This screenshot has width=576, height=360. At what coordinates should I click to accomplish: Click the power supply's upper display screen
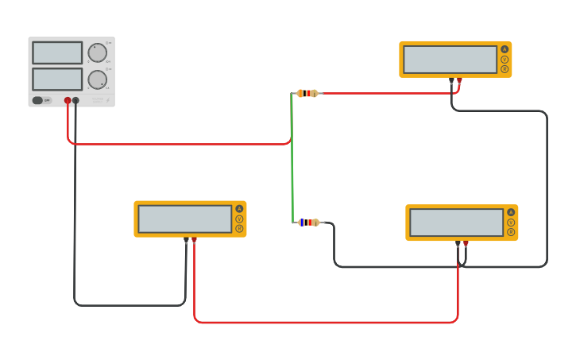(x=57, y=52)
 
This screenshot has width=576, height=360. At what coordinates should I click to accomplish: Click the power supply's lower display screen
(x=57, y=79)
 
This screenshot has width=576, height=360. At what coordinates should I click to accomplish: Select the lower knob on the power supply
(x=97, y=79)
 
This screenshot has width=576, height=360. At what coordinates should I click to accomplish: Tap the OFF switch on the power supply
(x=38, y=100)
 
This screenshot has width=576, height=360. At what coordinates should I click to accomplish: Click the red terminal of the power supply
(x=68, y=101)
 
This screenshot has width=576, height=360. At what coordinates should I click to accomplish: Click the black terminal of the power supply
(x=76, y=101)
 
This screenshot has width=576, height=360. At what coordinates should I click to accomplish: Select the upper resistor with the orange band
(x=307, y=93)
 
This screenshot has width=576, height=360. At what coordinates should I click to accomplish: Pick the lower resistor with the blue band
(x=308, y=223)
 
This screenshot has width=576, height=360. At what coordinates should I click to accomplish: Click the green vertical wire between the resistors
(x=292, y=159)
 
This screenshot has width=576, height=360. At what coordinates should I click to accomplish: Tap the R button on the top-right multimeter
(x=504, y=69)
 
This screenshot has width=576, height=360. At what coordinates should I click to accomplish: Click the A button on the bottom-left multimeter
(x=239, y=209)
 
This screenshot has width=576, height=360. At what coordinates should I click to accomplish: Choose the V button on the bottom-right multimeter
(x=511, y=223)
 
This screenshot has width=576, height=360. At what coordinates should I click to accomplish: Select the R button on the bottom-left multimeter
(x=239, y=229)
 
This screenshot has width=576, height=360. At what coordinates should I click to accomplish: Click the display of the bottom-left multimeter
(x=185, y=219)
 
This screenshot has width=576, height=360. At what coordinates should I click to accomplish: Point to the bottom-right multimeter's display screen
(x=457, y=223)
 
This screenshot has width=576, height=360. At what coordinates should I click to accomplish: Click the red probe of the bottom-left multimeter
(x=194, y=240)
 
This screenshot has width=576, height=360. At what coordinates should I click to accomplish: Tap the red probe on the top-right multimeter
(x=459, y=80)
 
